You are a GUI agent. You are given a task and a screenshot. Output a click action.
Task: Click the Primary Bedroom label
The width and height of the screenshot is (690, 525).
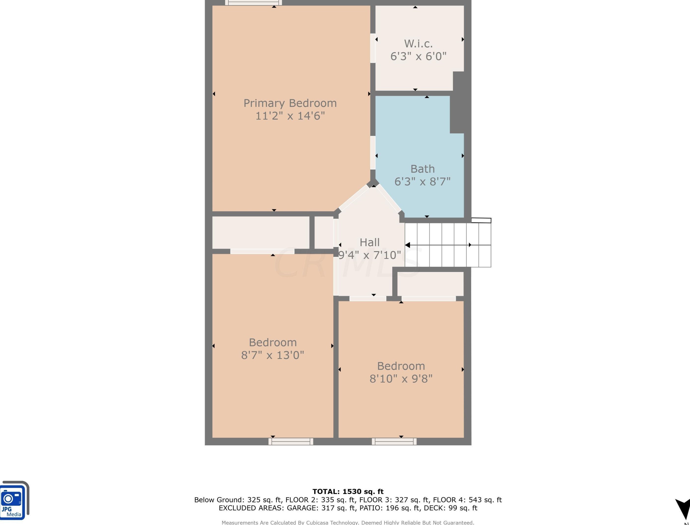[x=290, y=103]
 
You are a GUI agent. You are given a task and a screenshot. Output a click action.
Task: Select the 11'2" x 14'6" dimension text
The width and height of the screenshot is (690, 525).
[x=290, y=116]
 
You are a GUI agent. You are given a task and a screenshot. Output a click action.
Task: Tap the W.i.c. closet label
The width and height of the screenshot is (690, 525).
[x=418, y=43]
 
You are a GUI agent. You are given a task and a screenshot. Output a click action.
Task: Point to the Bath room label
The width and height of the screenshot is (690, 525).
[x=422, y=169]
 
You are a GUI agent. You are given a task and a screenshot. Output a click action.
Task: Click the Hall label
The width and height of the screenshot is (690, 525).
[x=370, y=242]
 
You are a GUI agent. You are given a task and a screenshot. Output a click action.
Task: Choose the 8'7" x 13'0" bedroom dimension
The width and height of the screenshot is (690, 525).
[x=272, y=355]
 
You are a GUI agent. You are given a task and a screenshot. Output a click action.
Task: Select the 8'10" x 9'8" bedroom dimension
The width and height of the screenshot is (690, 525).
[x=401, y=379]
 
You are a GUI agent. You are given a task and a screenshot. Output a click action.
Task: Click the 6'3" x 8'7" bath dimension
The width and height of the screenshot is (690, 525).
[x=422, y=182]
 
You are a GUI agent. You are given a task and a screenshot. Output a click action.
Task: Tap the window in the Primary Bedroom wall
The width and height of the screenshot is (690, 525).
[x=253, y=3]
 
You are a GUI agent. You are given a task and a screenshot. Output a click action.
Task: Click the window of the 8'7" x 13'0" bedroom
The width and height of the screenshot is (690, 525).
[x=291, y=441]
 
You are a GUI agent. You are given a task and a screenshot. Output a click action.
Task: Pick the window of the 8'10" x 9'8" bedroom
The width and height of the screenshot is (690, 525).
[x=394, y=441]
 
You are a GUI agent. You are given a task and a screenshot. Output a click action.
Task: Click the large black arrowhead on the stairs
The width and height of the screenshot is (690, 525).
[x=408, y=245]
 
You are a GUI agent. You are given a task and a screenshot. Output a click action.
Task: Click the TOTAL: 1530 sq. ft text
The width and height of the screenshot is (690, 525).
[x=348, y=492]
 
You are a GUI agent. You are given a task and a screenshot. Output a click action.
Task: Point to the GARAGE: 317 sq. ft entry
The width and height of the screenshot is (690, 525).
[x=321, y=508]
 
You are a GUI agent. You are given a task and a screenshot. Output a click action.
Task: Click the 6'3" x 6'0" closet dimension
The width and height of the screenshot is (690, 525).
[x=418, y=56]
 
